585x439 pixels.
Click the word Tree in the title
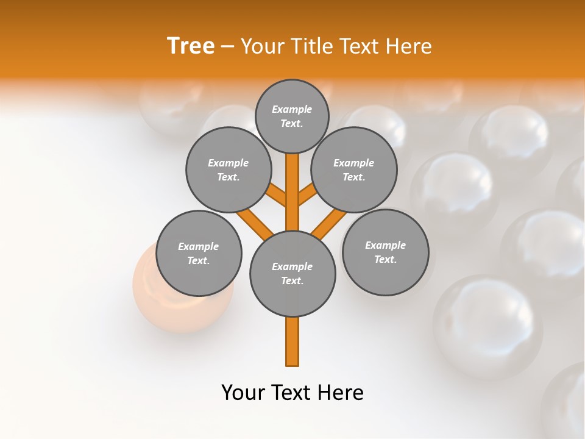pyautogui.click(x=191, y=46)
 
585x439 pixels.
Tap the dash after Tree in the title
pyautogui.click(x=227, y=46)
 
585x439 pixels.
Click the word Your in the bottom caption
pyautogui.click(x=243, y=393)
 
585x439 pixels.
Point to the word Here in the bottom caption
pyautogui.click(x=341, y=393)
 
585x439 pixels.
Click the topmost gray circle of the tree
pyautogui.click(x=292, y=116)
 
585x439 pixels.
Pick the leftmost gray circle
pyautogui.click(x=199, y=253)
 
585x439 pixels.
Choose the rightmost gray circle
pyautogui.click(x=385, y=252)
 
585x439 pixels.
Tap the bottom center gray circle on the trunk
pyautogui.click(x=292, y=273)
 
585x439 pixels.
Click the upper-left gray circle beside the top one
pyautogui.click(x=229, y=170)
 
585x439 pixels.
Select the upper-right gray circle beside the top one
pyautogui.click(x=354, y=170)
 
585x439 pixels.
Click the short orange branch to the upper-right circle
pyautogui.click(x=307, y=196)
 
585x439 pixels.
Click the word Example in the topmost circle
pyautogui.click(x=292, y=109)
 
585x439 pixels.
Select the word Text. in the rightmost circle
pyautogui.click(x=385, y=259)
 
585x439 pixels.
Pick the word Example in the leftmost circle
pyautogui.click(x=199, y=246)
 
